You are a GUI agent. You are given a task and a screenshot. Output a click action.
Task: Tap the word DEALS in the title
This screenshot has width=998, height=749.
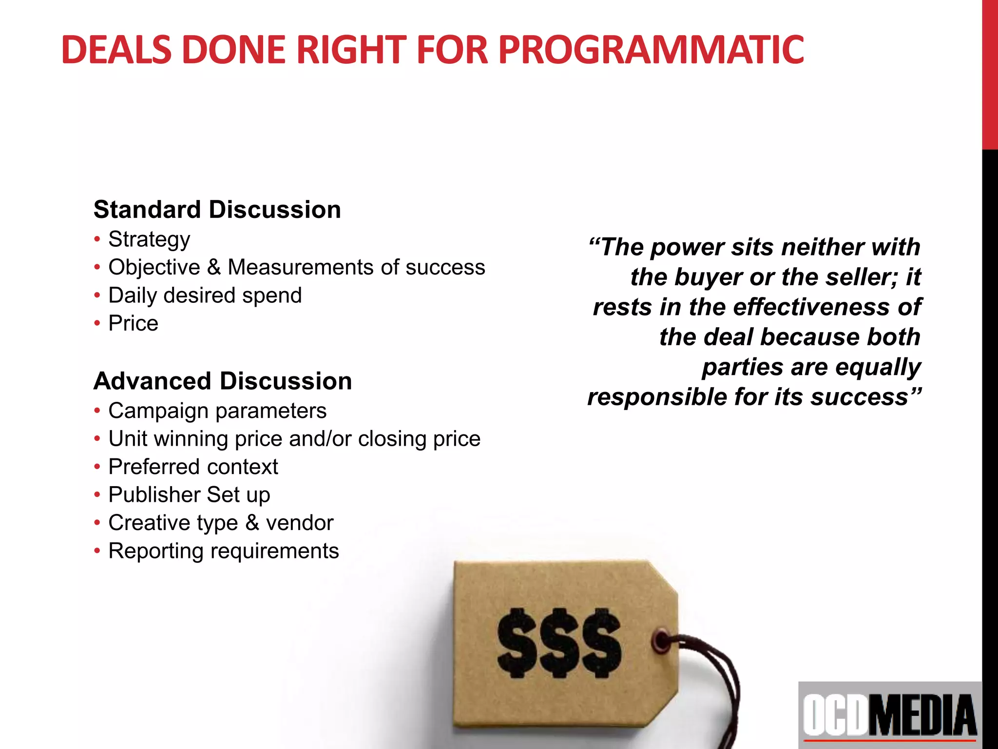coord(116,50)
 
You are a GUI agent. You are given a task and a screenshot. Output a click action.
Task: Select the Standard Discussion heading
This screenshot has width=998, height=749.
coord(217,210)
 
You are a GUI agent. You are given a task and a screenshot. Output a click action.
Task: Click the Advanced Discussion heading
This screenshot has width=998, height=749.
coord(223,381)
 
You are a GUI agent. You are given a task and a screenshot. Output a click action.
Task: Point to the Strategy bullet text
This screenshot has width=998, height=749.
coord(149,239)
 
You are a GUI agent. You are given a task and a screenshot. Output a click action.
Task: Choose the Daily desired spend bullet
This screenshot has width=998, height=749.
coord(205,296)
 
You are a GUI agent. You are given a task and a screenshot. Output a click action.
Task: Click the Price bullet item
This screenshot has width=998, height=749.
coord(133,323)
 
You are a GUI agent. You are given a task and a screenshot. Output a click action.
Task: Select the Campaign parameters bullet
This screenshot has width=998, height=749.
coord(217,411)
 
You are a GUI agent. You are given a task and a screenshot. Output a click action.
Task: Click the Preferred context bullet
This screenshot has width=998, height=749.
coord(193,467)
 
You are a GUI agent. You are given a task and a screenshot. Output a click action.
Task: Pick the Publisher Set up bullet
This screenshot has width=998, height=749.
coord(189,495)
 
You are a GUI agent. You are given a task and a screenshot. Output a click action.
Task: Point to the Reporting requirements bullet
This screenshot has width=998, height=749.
coord(223,551)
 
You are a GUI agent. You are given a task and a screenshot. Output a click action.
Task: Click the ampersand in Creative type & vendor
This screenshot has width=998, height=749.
coord(252,523)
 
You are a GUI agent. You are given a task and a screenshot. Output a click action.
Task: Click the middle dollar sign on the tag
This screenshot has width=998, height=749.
coord(559,643)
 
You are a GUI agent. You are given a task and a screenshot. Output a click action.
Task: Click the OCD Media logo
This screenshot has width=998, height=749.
coord(890,715)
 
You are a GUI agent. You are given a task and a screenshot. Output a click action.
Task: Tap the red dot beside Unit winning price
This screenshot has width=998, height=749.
coord(97,439)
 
